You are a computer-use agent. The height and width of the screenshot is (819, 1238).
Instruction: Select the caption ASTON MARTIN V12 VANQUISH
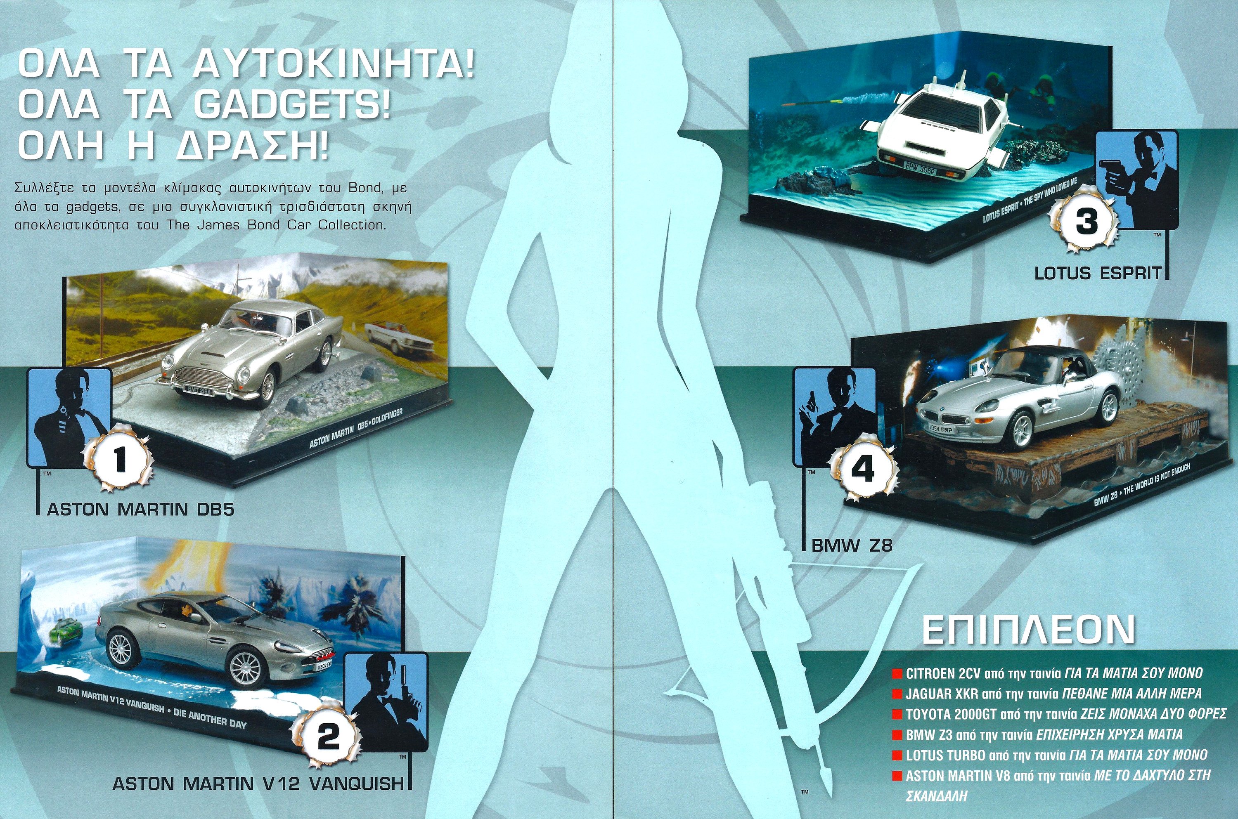click(x=258, y=784)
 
